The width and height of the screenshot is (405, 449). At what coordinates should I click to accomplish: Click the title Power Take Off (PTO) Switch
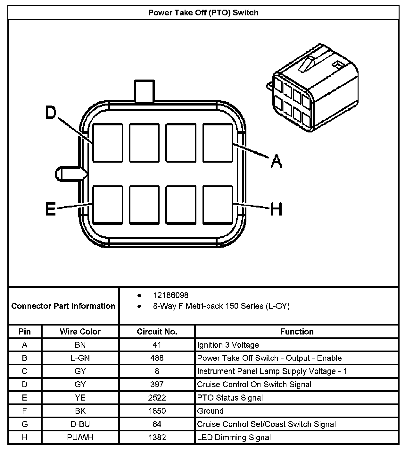(203, 13)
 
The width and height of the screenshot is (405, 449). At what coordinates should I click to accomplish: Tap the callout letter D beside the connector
(51, 113)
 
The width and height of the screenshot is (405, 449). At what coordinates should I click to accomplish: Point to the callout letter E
(51, 209)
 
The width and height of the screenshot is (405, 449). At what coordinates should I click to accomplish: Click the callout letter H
(276, 209)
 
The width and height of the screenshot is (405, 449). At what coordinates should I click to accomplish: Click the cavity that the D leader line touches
(108, 143)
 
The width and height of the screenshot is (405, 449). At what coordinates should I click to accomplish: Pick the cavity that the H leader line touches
(218, 205)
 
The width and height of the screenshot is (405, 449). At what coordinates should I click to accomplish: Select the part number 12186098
(171, 295)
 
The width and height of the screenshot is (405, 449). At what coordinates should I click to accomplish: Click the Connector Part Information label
(63, 306)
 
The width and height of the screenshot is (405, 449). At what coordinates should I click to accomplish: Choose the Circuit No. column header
(157, 332)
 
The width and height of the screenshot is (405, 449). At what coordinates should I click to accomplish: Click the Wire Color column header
(80, 332)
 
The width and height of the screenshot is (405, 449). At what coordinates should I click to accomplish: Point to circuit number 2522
(157, 398)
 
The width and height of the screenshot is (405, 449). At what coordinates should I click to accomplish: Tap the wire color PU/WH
(80, 437)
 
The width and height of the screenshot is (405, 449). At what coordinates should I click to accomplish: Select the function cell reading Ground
(211, 411)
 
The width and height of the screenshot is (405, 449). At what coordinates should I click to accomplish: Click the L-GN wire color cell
(80, 358)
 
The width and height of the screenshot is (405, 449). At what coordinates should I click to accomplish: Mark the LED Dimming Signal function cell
(234, 437)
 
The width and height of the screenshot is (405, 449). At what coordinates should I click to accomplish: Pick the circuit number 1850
(157, 411)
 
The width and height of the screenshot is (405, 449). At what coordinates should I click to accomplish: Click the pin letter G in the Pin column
(25, 424)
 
